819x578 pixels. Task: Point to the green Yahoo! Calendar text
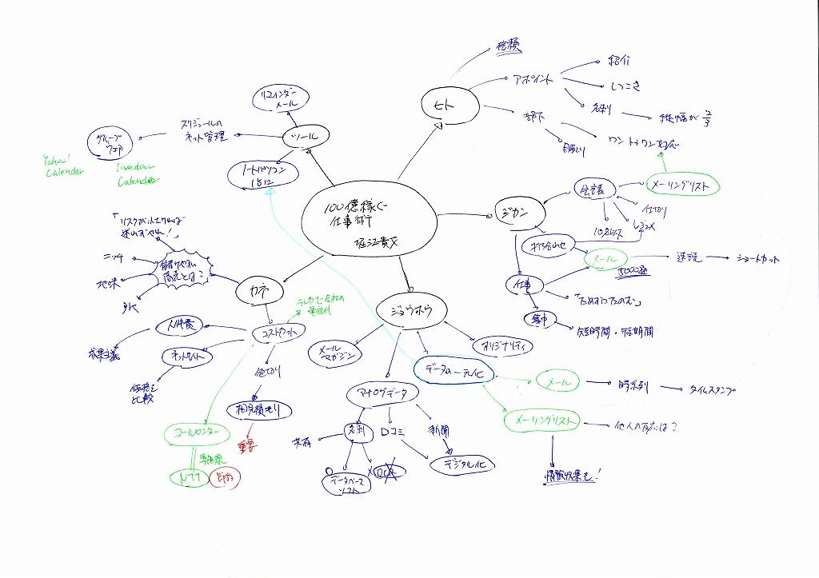(63, 165)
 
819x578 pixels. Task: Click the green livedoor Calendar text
(136, 175)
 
